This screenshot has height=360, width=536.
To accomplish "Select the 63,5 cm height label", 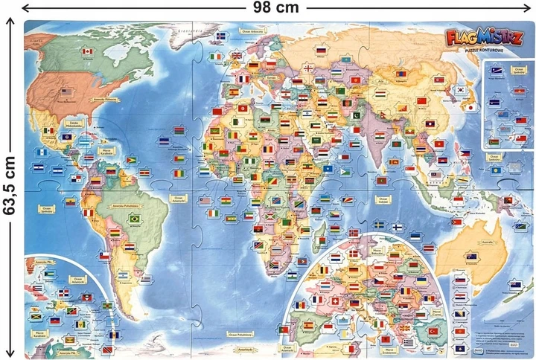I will pos(9,187).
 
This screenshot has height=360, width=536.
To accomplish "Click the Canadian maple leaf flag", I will pos(88,51).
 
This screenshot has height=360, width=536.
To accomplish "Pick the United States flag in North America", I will pos(66,92).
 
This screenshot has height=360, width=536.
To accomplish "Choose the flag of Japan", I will pos(470,107).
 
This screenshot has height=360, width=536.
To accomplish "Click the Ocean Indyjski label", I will pos(381,199).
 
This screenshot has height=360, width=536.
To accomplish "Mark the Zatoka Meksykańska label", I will pos(74,122).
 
